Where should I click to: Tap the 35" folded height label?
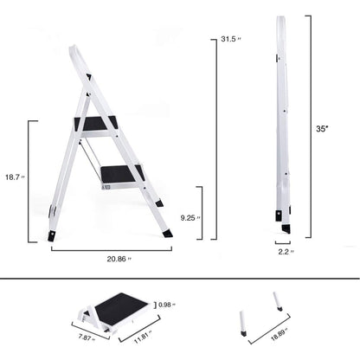coord(322,128)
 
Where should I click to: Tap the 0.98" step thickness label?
coord(167,305)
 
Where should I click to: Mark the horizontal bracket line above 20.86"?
coord(110,249)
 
